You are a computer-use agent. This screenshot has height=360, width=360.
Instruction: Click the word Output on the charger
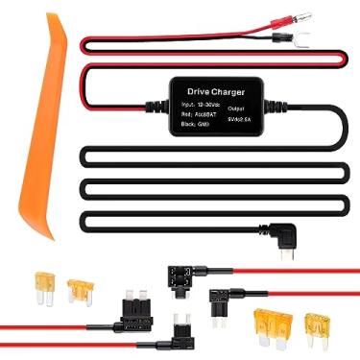(x=237, y=108)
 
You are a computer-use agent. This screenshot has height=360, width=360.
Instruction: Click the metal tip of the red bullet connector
(x=331, y=15)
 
